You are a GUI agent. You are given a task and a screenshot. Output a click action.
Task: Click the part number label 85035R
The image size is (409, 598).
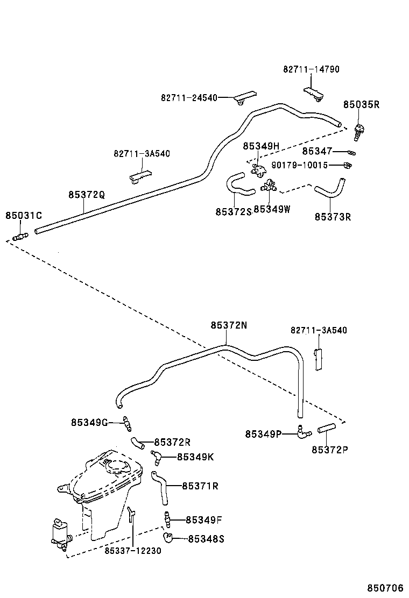pyautogui.click(x=362, y=105)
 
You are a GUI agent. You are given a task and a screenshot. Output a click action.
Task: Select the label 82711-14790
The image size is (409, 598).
pyautogui.click(x=311, y=69)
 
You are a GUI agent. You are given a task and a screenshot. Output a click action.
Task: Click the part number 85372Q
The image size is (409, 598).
pyautogui.click(x=86, y=194)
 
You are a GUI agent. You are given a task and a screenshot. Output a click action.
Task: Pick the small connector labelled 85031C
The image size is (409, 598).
pyautogui.click(x=20, y=236)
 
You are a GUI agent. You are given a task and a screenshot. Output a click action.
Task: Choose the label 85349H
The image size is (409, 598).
pyautogui.click(x=261, y=146)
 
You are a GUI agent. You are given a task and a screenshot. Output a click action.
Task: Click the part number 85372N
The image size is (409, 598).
pyautogui.click(x=229, y=325)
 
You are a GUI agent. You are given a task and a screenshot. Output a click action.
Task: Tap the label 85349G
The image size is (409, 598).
pyautogui.click(x=89, y=422)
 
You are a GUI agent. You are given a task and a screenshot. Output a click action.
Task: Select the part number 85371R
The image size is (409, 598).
pyautogui.click(x=200, y=486)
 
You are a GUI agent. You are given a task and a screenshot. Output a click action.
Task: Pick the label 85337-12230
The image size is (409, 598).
pyautogui.click(x=132, y=550)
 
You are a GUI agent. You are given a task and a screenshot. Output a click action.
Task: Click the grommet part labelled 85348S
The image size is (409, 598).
pyautogui.click(x=168, y=537)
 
